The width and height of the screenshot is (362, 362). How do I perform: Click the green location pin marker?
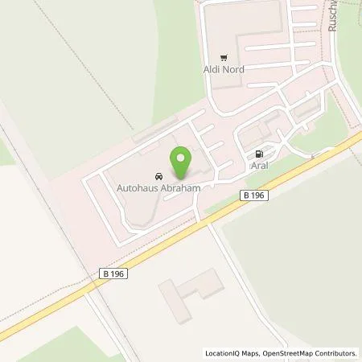[x=179, y=159]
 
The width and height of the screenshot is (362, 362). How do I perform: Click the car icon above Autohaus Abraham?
[x=158, y=175]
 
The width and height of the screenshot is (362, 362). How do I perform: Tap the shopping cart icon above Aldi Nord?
[x=224, y=57]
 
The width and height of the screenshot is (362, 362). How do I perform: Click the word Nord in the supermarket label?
[x=234, y=70]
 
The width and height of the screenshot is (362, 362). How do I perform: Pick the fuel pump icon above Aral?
[x=258, y=154]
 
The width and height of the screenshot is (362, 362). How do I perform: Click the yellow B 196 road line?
[x=161, y=241]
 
